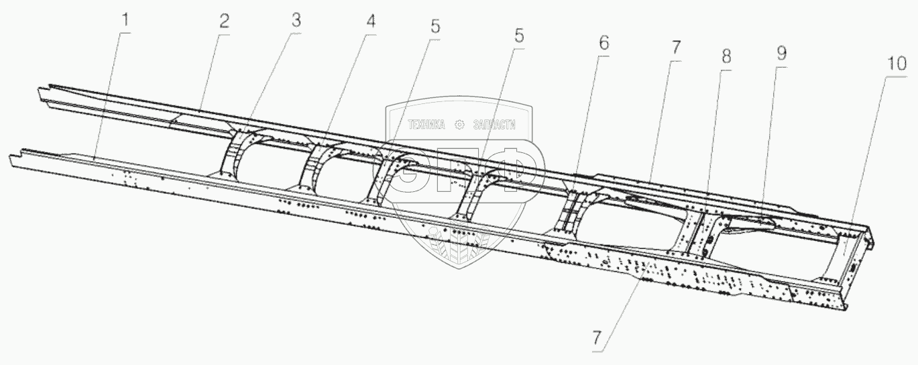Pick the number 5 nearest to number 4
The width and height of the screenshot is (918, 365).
point(436,28)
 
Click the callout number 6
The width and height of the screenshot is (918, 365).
point(604,44)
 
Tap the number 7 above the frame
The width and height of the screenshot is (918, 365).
point(675,48)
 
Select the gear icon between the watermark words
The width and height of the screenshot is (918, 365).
point(460,124)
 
